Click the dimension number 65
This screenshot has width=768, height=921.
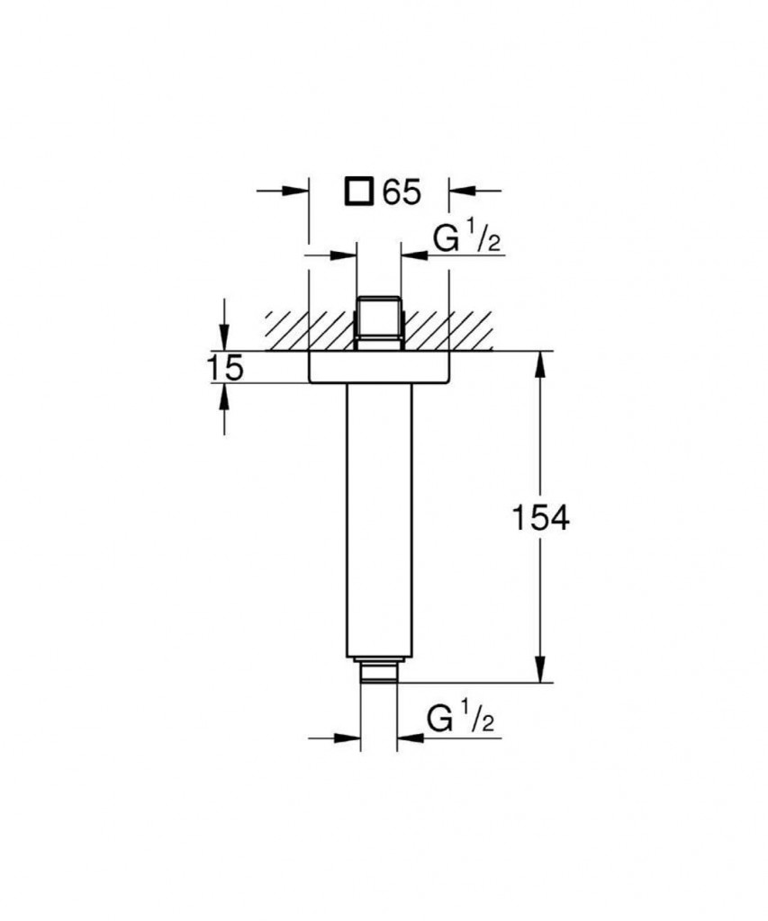pyautogui.click(x=402, y=192)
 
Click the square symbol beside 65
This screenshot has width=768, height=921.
pyautogui.click(x=358, y=192)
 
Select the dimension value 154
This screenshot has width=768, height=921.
pyautogui.click(x=541, y=518)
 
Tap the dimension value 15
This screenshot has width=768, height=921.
pyautogui.click(x=225, y=368)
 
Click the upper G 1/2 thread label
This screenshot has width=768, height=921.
pyautogui.click(x=466, y=239)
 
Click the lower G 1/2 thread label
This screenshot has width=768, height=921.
pyautogui.click(x=461, y=719)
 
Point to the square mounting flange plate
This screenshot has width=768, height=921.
pyautogui.click(x=379, y=368)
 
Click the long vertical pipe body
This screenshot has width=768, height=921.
pyautogui.click(x=379, y=521)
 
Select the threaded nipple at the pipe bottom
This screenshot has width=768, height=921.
pyautogui.click(x=379, y=671)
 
